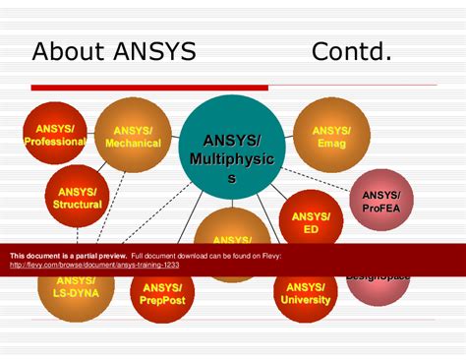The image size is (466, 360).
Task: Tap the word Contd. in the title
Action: pyautogui.click(x=351, y=51)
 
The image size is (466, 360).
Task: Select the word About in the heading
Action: pyautogui.click(x=67, y=51)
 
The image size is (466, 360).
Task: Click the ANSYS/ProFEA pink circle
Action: pyautogui.click(x=380, y=200)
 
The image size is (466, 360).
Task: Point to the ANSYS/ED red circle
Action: pyautogui.click(x=311, y=219)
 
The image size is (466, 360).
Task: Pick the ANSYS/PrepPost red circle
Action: pyautogui.click(x=161, y=293)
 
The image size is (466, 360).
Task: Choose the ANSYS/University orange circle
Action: pyautogui.click(x=306, y=293)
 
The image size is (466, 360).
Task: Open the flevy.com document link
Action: pyautogui.click(x=94, y=265)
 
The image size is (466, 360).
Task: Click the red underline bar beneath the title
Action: pyautogui.click(x=148, y=89)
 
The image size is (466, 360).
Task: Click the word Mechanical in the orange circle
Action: pyautogui.click(x=133, y=143)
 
